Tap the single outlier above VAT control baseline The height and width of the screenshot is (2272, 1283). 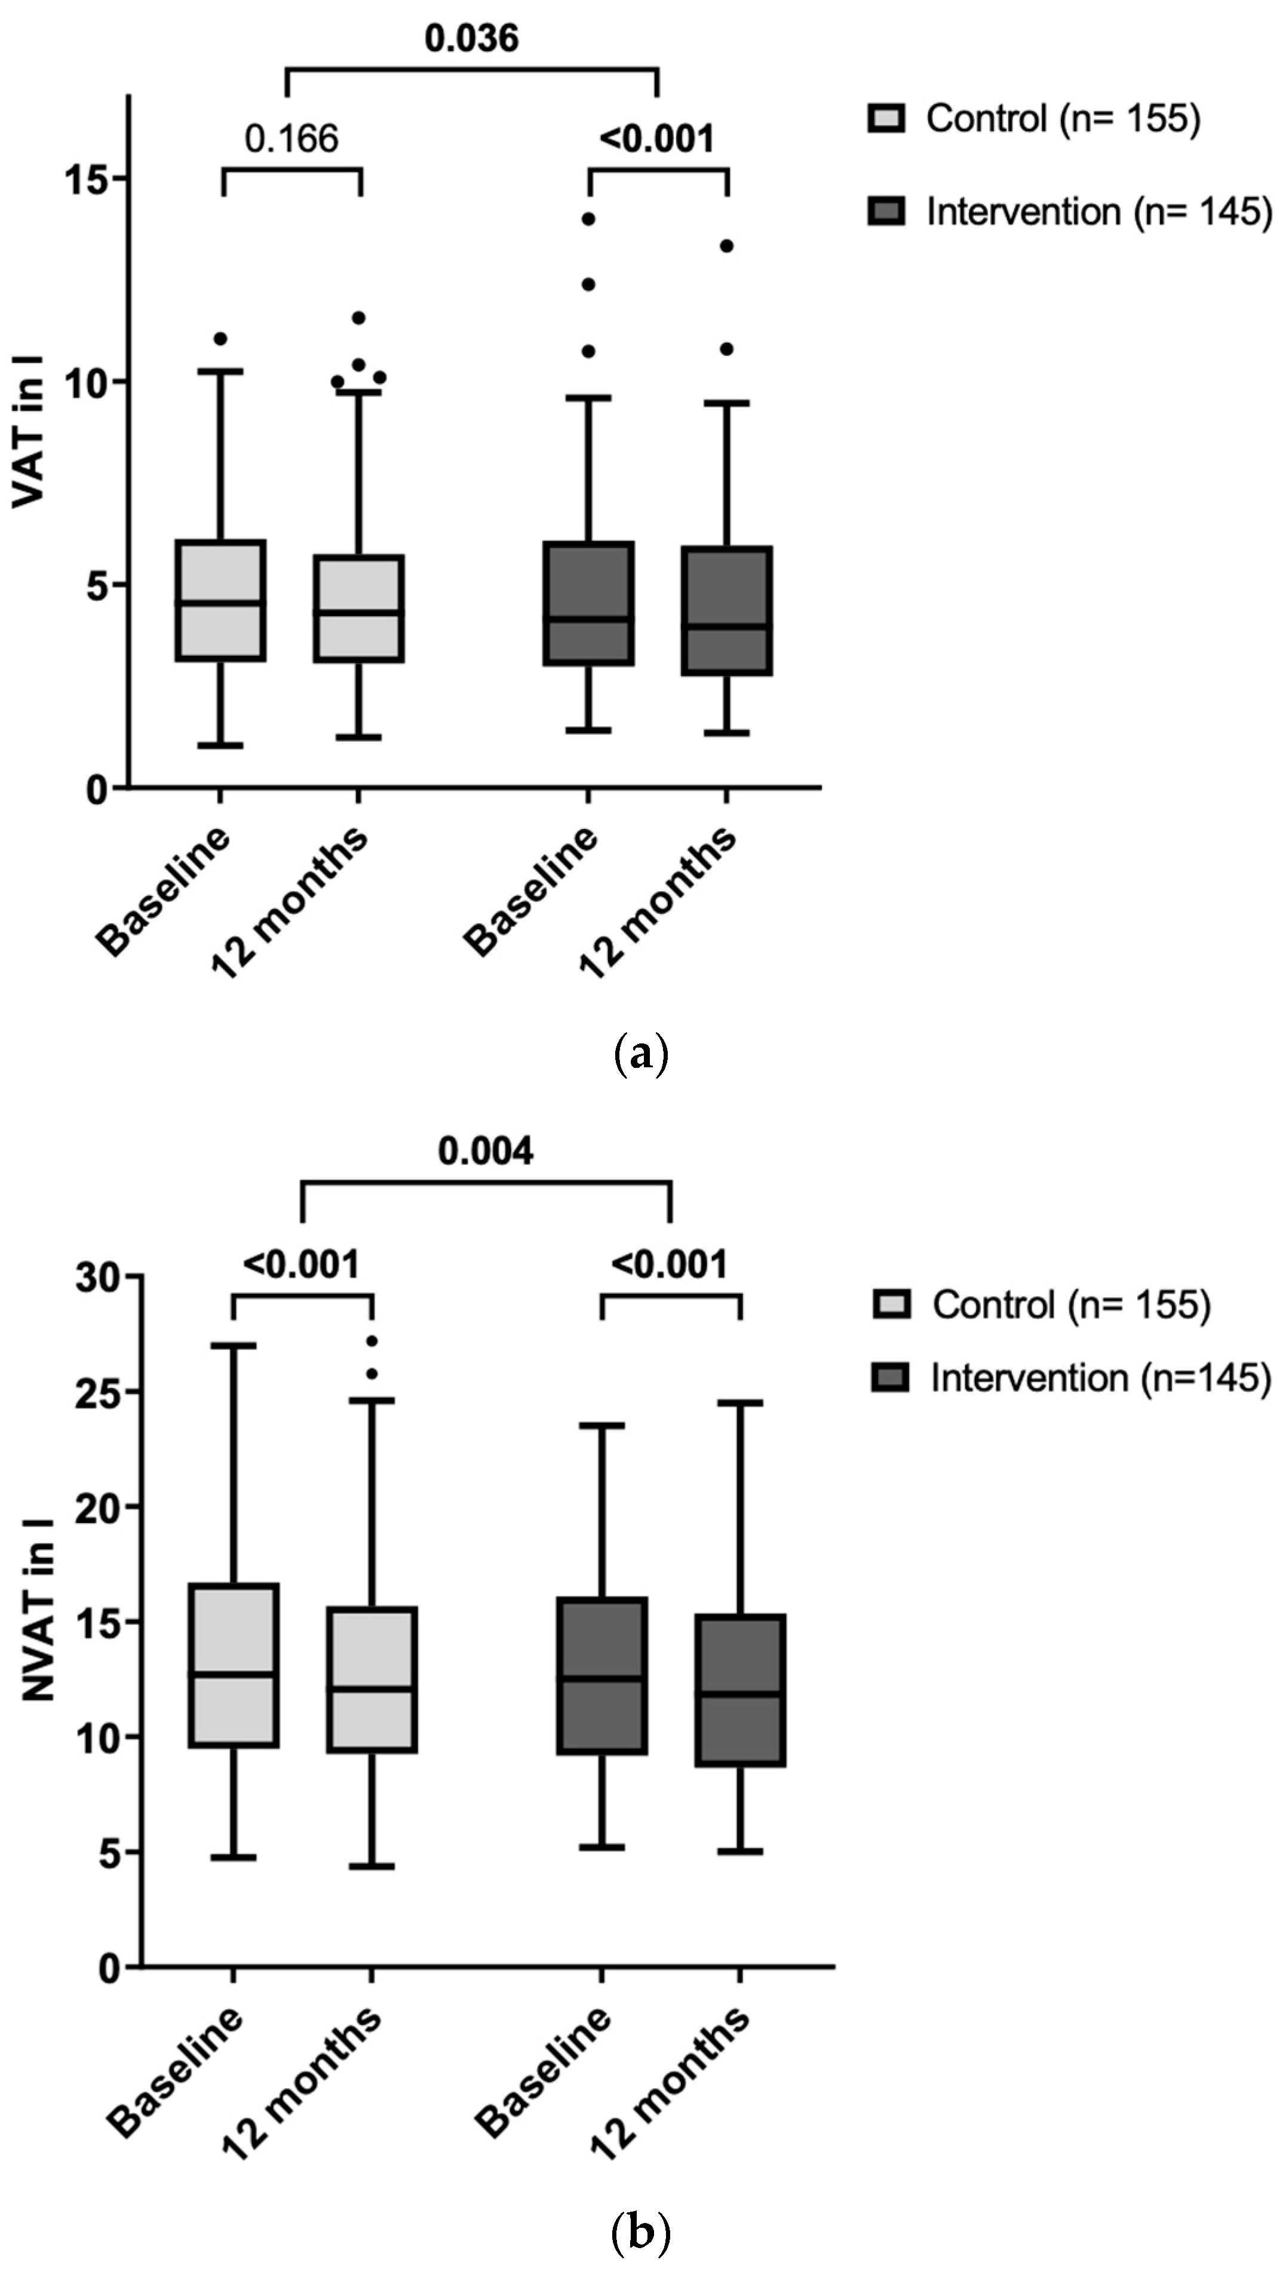[220, 339]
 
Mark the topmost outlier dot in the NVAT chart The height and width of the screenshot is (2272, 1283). [372, 1341]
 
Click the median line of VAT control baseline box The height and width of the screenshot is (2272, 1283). [220, 603]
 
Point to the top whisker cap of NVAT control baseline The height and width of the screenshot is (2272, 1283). [234, 1346]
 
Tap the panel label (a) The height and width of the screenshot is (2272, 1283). [641, 1055]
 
